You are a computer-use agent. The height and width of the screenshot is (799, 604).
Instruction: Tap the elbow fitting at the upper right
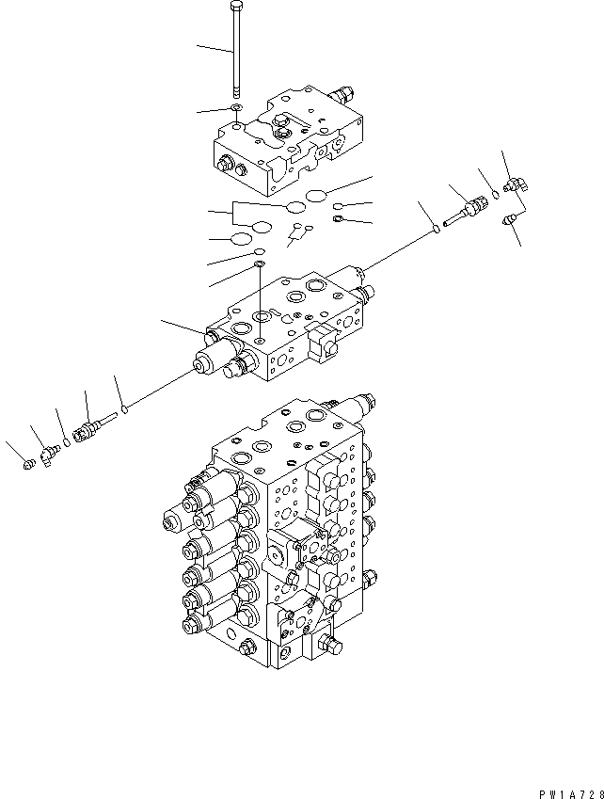(x=517, y=187)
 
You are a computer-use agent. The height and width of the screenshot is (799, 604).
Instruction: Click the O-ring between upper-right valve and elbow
(x=495, y=196)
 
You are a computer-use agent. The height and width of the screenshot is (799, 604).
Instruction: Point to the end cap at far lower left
(x=27, y=461)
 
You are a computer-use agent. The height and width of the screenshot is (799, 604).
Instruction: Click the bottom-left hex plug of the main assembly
(x=247, y=647)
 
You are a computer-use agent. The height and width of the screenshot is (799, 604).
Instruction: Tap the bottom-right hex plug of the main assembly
(x=331, y=645)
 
